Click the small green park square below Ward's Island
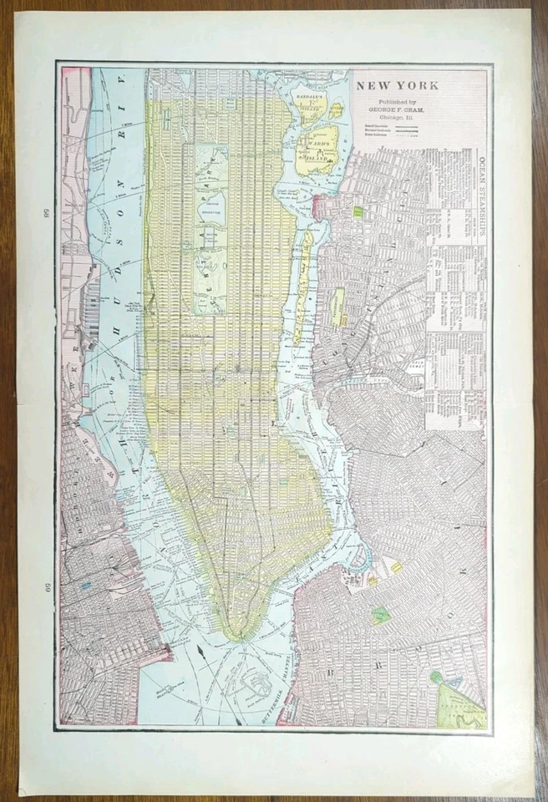tap(358, 212)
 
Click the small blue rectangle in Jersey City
tap(86, 586)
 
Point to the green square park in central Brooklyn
tap(381, 615)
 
